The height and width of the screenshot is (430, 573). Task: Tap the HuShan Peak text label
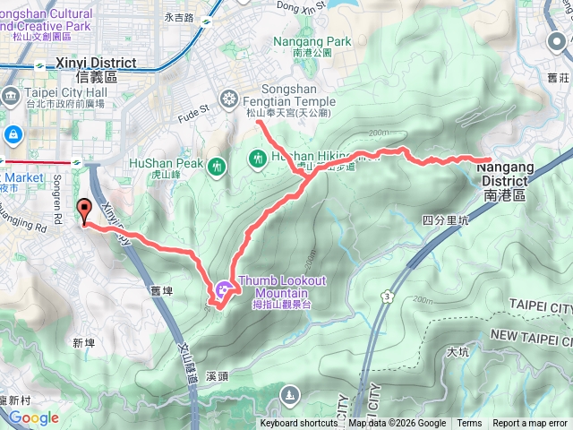[x=167, y=163]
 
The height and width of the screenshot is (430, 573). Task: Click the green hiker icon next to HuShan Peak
[x=217, y=167]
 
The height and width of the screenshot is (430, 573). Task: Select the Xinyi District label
[x=96, y=64]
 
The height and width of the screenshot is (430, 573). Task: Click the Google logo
[x=34, y=417]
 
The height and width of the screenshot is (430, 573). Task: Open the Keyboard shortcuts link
[x=299, y=424]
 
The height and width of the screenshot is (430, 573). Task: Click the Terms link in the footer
[x=469, y=424]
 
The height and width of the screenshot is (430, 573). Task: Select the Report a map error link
[x=530, y=424]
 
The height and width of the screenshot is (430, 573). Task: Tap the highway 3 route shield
[x=386, y=294]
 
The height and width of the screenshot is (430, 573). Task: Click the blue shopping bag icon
[x=13, y=135]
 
